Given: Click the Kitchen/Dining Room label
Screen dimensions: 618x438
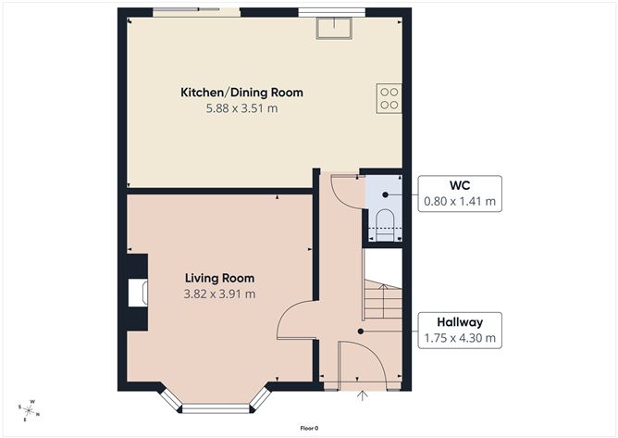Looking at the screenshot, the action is [241, 93].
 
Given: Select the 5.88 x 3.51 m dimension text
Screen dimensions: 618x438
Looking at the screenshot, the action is [241, 108].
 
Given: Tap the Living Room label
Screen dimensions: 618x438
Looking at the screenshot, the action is [219, 278].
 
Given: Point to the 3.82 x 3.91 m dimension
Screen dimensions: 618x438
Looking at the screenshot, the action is [219, 294].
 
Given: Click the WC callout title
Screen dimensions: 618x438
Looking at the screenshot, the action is [460, 185].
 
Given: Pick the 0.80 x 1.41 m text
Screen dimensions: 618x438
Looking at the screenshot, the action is [460, 201].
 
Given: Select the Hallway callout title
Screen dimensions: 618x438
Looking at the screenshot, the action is [460, 322].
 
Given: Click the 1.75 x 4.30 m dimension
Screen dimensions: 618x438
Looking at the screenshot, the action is [460, 338].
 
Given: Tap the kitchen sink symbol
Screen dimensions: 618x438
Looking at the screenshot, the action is [334, 29].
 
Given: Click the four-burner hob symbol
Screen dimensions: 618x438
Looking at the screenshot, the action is [389, 98].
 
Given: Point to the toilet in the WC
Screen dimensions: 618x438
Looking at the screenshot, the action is [385, 225].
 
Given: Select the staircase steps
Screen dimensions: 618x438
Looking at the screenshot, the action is [383, 299].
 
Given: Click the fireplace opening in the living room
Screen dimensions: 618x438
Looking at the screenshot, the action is [138, 293].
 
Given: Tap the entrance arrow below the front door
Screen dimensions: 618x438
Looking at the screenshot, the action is [363, 395].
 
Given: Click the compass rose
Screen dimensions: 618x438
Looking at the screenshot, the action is [29, 411].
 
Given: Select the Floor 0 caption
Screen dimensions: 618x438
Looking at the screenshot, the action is [309, 428].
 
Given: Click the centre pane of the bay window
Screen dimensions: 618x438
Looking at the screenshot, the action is [216, 408].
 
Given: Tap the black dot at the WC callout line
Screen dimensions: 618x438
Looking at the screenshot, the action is [385, 194].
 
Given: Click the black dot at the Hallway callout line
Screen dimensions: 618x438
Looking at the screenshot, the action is [360, 332].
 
